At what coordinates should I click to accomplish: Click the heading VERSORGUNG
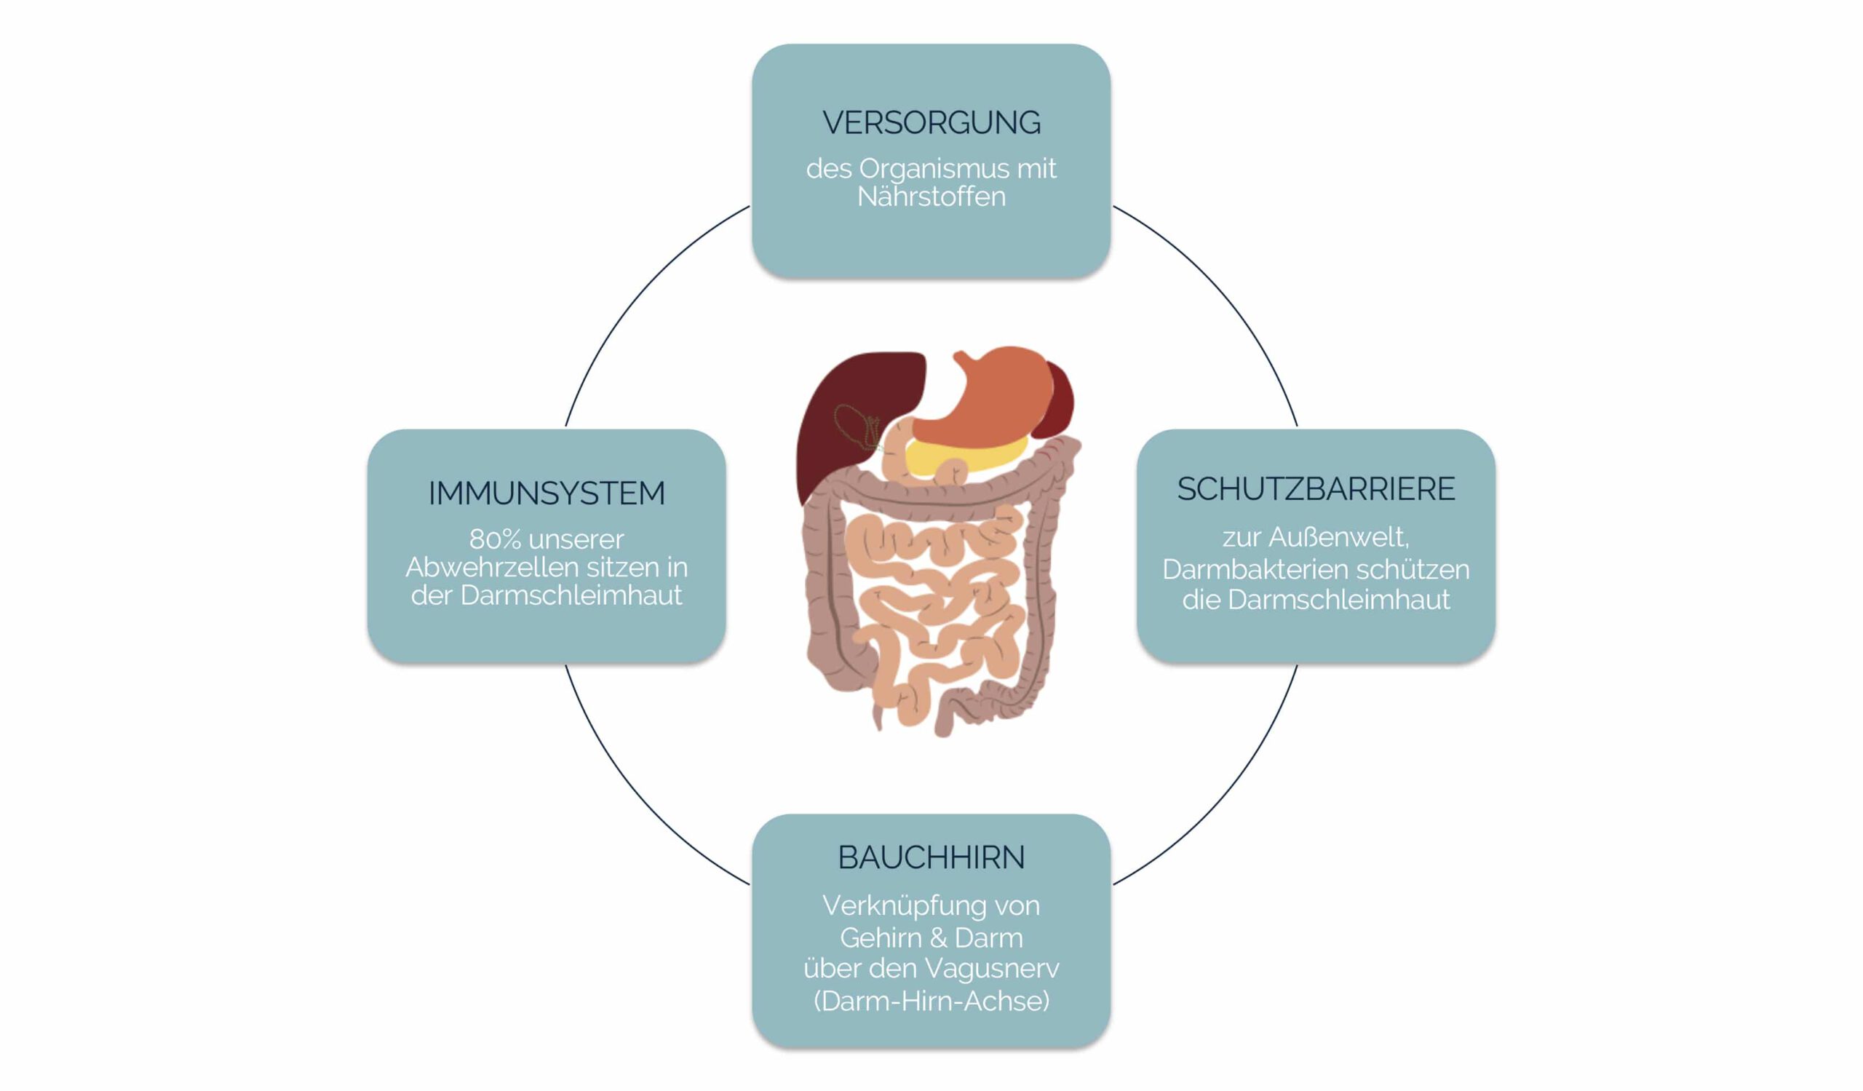[x=931, y=123]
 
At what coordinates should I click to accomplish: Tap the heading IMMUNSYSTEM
[x=547, y=493]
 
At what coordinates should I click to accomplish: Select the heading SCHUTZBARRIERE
[x=1316, y=489]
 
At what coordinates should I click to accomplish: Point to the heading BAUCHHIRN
[x=931, y=857]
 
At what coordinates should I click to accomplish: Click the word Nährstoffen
[x=931, y=197]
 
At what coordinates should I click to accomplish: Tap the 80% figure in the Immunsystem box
[x=495, y=539]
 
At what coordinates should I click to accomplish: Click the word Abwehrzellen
[x=478, y=568]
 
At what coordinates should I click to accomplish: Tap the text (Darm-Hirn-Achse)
[x=931, y=1001]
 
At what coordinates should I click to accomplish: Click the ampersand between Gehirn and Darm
[x=937, y=938]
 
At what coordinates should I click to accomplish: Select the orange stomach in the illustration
[x=990, y=399]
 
